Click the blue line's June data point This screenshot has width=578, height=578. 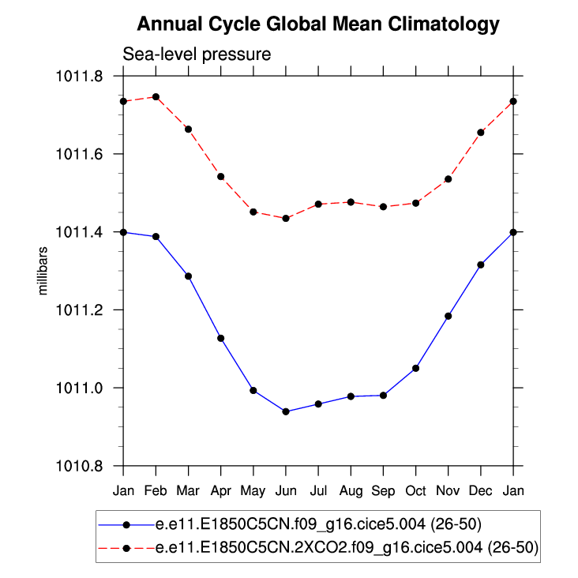point(286,411)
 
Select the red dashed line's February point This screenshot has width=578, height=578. point(156,97)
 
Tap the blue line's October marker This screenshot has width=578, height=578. point(416,368)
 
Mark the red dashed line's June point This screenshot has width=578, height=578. point(286,218)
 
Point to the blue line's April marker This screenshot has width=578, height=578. point(221,338)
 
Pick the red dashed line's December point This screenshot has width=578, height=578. point(481,132)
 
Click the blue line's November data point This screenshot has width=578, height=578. point(449,316)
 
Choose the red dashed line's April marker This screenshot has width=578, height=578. point(221,176)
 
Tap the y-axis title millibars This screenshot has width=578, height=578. point(44,271)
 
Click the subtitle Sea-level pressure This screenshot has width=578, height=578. point(197,55)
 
